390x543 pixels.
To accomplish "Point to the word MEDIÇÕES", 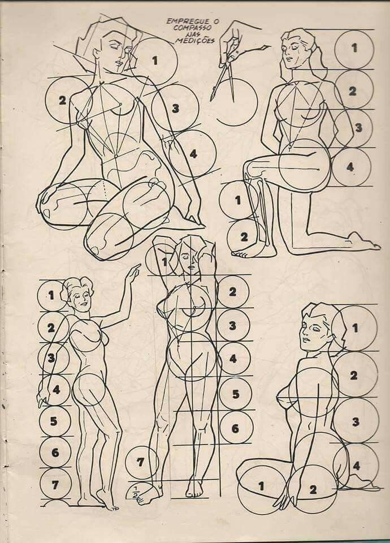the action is pos(194,41).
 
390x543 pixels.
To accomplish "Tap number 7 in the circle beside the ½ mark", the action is pos(140,462).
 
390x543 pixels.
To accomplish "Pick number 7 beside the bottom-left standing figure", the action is pos(55,485).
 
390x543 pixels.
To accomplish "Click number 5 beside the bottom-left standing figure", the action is pos(54,421).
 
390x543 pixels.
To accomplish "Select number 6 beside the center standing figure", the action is pos(235,428).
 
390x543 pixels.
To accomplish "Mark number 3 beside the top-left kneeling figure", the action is pos(175,109).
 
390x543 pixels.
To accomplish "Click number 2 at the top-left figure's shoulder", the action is pos(62,101).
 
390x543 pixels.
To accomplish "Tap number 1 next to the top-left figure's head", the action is pos(155,61).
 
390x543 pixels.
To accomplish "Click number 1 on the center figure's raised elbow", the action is pos(164,262).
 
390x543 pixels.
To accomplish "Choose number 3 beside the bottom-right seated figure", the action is pos(356,422).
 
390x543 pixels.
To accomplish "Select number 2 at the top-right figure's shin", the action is pos(244,237).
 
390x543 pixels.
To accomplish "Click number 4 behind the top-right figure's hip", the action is pos(350,167).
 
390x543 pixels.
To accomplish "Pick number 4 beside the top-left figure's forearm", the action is pos(193,153).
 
